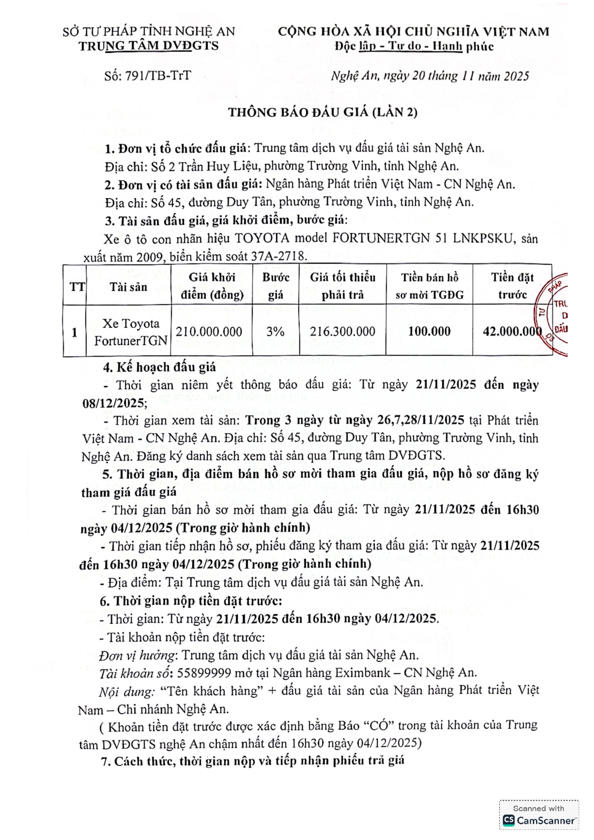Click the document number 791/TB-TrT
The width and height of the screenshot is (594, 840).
click(158, 76)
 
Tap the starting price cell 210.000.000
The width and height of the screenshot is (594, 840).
click(209, 331)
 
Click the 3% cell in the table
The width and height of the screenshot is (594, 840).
click(275, 331)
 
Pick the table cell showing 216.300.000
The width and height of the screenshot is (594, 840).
click(343, 331)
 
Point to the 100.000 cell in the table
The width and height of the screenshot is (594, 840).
click(429, 331)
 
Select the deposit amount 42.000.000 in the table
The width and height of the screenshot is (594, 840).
click(512, 331)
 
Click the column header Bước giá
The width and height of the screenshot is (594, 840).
click(275, 286)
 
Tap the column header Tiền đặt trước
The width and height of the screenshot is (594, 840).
click(512, 286)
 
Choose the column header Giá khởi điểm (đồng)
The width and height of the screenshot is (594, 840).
click(212, 286)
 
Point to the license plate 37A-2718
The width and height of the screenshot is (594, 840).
click(278, 256)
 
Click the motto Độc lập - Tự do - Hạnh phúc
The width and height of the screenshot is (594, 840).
click(414, 46)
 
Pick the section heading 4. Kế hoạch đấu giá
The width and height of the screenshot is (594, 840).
click(160, 367)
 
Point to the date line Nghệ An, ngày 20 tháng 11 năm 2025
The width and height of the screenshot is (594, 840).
click(430, 76)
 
